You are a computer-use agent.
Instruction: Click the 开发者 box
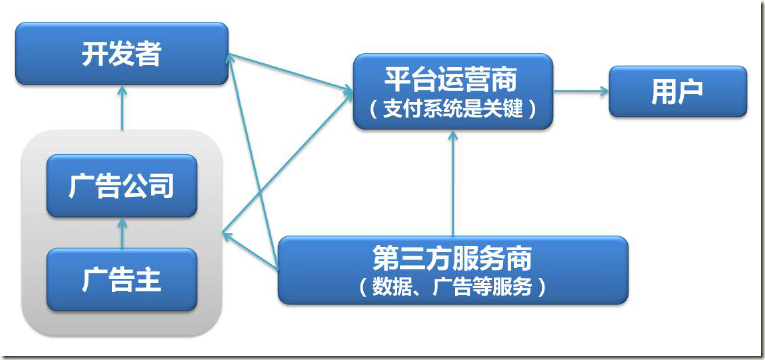point(121,56)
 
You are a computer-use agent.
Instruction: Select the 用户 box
point(677,91)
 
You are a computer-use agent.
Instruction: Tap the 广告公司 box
point(121,186)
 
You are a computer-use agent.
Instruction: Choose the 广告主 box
point(121,278)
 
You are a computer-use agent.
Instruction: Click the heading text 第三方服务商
point(452,258)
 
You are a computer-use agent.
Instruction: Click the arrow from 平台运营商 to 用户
point(580,91)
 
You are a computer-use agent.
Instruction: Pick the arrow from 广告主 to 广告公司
point(121,232)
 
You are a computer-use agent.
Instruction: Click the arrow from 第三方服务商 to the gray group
point(250,250)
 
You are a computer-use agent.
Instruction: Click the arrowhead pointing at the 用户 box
point(603,91)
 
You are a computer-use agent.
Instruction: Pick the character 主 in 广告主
point(148,278)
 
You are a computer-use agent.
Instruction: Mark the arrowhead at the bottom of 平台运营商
point(452,134)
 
